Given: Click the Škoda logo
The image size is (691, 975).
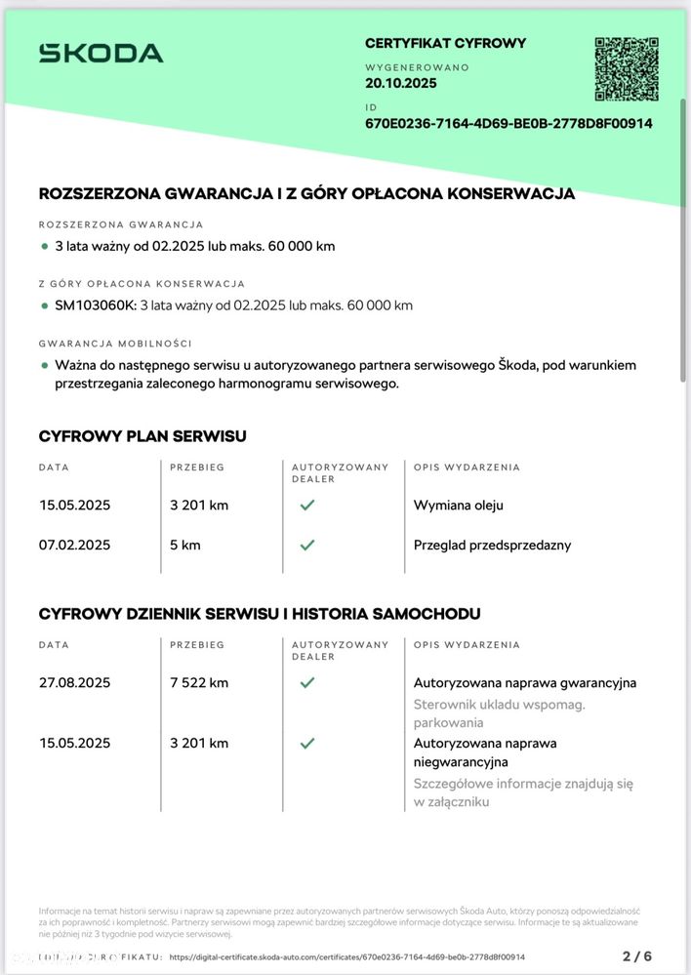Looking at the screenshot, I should [x=101, y=54].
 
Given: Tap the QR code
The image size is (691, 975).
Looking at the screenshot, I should [x=627, y=69].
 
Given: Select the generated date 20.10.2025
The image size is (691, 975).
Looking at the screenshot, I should [x=401, y=83].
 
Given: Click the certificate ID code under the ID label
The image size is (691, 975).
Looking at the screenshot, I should [x=508, y=123].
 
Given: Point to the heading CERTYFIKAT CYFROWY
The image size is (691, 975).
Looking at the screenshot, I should [x=445, y=43].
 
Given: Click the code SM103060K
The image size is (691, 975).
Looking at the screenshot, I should [x=96, y=305].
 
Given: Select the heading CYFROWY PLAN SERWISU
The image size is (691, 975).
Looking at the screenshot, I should [x=142, y=436].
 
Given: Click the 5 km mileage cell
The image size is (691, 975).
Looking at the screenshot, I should [x=184, y=545].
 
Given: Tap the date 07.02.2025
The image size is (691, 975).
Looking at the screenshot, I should [x=74, y=545].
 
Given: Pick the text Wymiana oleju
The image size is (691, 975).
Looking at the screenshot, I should [x=459, y=506].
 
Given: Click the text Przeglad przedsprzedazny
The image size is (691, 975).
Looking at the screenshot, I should [x=492, y=545].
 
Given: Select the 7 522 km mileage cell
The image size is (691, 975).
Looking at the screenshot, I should [x=199, y=682].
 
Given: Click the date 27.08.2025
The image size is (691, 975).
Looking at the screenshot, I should [x=74, y=682].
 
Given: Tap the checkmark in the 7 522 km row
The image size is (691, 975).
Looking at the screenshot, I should [x=307, y=682].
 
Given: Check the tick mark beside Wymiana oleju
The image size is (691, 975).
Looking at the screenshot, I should [x=307, y=506].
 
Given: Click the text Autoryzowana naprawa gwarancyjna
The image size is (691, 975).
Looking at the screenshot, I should [x=525, y=682].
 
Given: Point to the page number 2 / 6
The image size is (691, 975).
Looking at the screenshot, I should [x=637, y=955].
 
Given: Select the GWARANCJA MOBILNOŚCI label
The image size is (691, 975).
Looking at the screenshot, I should [x=115, y=344].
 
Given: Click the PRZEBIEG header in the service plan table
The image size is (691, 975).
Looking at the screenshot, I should [x=197, y=467].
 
